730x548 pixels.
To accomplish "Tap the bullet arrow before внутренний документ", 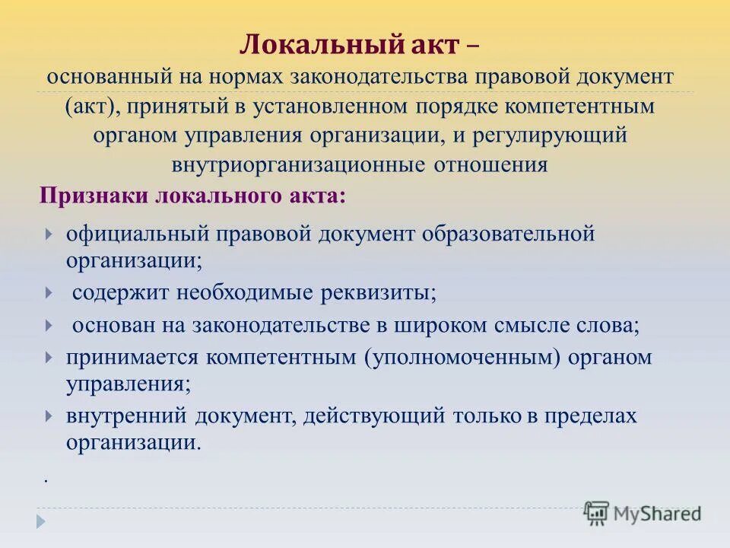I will pos(49,417).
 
